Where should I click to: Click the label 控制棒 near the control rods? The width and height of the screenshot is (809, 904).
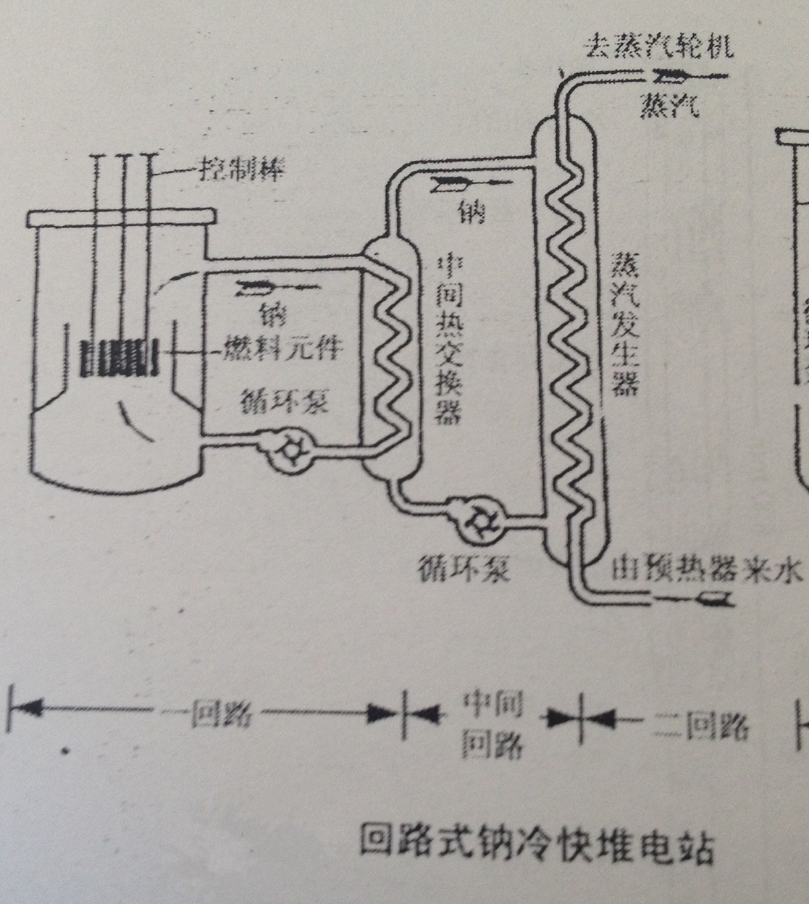[x=242, y=170]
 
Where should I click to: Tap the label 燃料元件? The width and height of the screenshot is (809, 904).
[x=282, y=349]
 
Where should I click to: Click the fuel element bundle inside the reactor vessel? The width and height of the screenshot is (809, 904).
[x=118, y=359]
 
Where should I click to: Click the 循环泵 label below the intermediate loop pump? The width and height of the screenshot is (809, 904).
[x=464, y=569]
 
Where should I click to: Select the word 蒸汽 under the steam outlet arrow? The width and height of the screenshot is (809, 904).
[x=670, y=106]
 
